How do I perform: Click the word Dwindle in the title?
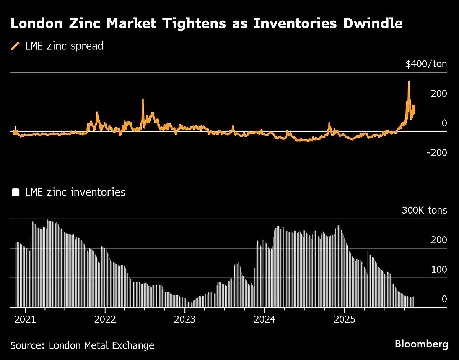coord(368,24)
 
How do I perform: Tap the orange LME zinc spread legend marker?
coord(15,46)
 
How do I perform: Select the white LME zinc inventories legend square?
coord(15,192)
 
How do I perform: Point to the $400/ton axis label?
coord(426,64)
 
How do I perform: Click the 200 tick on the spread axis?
coord(439,94)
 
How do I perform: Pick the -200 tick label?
coord(437,152)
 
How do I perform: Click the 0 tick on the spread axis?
coord(444,123)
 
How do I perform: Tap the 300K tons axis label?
coord(424,211)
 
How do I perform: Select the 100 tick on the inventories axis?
coord(439,270)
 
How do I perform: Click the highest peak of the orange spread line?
coord(409,82)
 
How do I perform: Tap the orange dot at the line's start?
coord(15,133)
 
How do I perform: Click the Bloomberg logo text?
coord(421,344)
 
